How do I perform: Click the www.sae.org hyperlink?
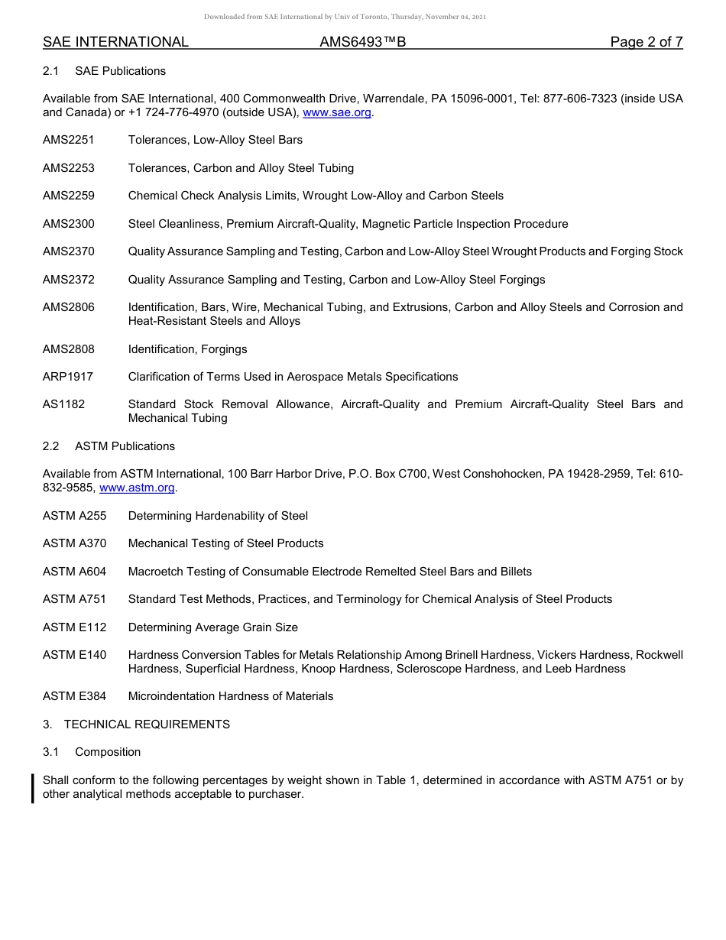coord(337,112)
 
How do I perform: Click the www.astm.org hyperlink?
coord(138,488)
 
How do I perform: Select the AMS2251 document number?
coord(69,140)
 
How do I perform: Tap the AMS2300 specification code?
coord(69,224)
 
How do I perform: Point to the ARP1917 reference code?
coord(68,377)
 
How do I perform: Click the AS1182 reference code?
coord(64,404)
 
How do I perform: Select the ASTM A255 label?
coord(75,516)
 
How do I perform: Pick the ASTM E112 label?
coord(75,627)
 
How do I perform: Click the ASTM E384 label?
coord(75,696)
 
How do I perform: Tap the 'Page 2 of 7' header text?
coord(646,42)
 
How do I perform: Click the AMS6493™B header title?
coord(362,42)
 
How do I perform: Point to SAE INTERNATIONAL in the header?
coord(115,42)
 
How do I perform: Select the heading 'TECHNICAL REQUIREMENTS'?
coord(147,724)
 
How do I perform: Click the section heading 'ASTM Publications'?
coord(125,446)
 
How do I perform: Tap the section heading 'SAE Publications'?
coord(120,71)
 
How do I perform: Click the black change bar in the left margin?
coord(33,788)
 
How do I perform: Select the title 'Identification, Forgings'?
coord(188,349)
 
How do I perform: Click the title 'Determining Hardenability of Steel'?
coord(218,516)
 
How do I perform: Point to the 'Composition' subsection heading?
coord(108,752)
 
